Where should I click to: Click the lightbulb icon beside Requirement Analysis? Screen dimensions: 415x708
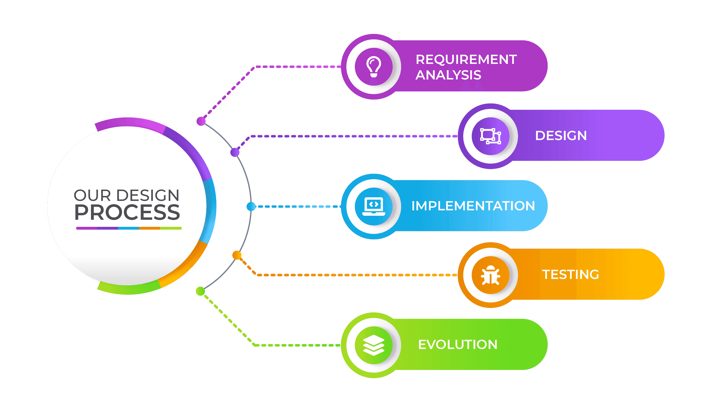[x=374, y=67]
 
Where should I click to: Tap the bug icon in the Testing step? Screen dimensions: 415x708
[x=490, y=275]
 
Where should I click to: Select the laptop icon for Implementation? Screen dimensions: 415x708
[x=374, y=206]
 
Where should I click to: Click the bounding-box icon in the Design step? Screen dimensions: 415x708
[x=490, y=136]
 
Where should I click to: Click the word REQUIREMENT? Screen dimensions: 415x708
[x=466, y=59]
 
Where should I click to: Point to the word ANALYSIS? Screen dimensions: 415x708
[x=448, y=75]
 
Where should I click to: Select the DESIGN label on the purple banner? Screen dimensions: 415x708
[x=561, y=136]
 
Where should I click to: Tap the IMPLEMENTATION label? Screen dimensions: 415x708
[x=473, y=206]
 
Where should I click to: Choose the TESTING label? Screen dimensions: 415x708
[x=570, y=275]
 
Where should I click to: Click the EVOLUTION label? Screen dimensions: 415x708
[x=458, y=344]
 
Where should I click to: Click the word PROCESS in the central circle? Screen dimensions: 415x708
[x=127, y=212]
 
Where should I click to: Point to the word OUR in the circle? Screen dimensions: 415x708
[x=92, y=195]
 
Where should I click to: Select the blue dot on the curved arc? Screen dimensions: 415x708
[x=251, y=206]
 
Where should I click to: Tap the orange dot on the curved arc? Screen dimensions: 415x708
[x=237, y=255]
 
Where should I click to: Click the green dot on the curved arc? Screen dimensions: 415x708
[x=200, y=291]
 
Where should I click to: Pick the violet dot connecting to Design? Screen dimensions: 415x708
[x=235, y=153]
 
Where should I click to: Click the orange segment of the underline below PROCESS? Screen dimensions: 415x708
[x=150, y=228]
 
